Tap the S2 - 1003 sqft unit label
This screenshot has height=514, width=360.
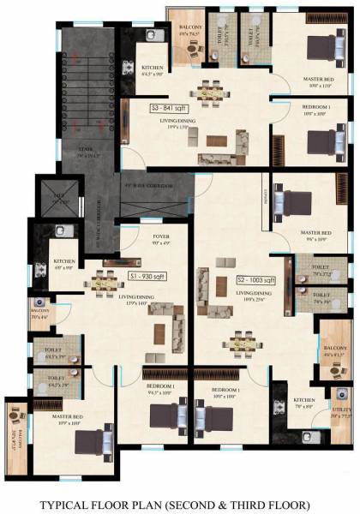pyautogui.click(x=255, y=280)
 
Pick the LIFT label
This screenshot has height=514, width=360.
pyautogui.click(x=60, y=196)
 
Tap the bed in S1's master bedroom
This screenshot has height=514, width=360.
pyautogui.click(x=91, y=441)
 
